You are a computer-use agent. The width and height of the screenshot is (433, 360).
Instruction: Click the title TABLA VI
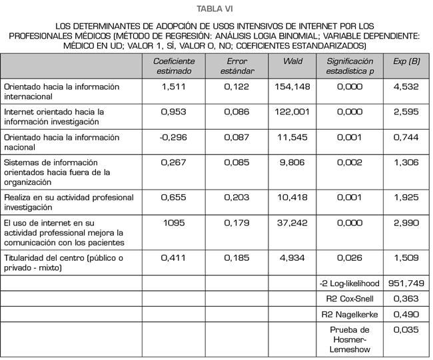(x=216, y=9)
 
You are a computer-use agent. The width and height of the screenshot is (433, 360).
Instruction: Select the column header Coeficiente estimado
(x=175, y=66)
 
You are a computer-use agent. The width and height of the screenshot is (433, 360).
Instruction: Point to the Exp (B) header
(x=406, y=61)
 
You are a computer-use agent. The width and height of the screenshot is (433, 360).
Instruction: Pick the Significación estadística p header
(x=350, y=66)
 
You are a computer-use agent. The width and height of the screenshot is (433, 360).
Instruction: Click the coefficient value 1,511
(x=175, y=87)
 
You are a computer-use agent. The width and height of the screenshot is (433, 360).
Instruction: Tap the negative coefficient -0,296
(x=175, y=137)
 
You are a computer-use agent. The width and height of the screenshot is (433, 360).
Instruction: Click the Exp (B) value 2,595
(x=406, y=112)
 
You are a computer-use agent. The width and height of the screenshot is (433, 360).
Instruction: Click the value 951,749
(x=406, y=283)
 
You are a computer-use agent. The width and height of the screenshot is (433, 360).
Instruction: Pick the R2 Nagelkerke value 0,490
(x=406, y=314)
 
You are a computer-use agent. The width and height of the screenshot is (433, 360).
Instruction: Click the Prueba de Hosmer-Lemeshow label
(x=350, y=339)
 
